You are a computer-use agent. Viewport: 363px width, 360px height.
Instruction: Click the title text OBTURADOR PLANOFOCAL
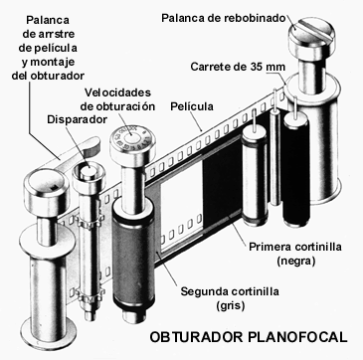(249, 337)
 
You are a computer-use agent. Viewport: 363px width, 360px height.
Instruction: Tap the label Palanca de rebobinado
(224, 18)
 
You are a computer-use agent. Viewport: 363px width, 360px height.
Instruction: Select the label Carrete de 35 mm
(238, 67)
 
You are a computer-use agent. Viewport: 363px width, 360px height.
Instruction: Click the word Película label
(192, 106)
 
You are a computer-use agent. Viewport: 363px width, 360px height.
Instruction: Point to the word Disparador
(78, 119)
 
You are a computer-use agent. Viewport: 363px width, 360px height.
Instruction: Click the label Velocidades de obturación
(119, 99)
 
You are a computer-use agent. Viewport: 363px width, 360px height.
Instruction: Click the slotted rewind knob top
(311, 33)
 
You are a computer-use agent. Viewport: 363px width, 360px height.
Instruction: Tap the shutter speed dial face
(131, 138)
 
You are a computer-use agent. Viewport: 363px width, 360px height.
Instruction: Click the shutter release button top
(89, 171)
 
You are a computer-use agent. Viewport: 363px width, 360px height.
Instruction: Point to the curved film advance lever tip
(92, 145)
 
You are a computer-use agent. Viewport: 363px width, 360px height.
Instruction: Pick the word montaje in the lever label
(54, 62)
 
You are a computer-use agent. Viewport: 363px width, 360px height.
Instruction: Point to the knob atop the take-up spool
(47, 188)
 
